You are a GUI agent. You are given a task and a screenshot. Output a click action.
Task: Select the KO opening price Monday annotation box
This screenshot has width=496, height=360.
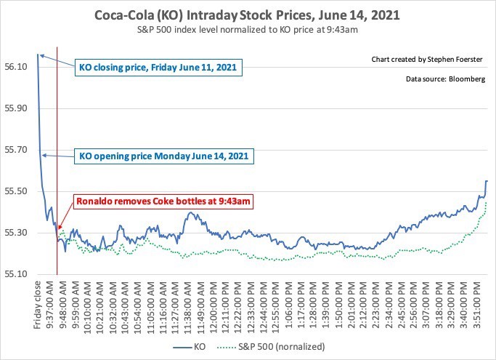click(165, 156)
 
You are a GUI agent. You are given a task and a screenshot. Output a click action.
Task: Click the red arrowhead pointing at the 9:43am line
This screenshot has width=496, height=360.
click(60, 228)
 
